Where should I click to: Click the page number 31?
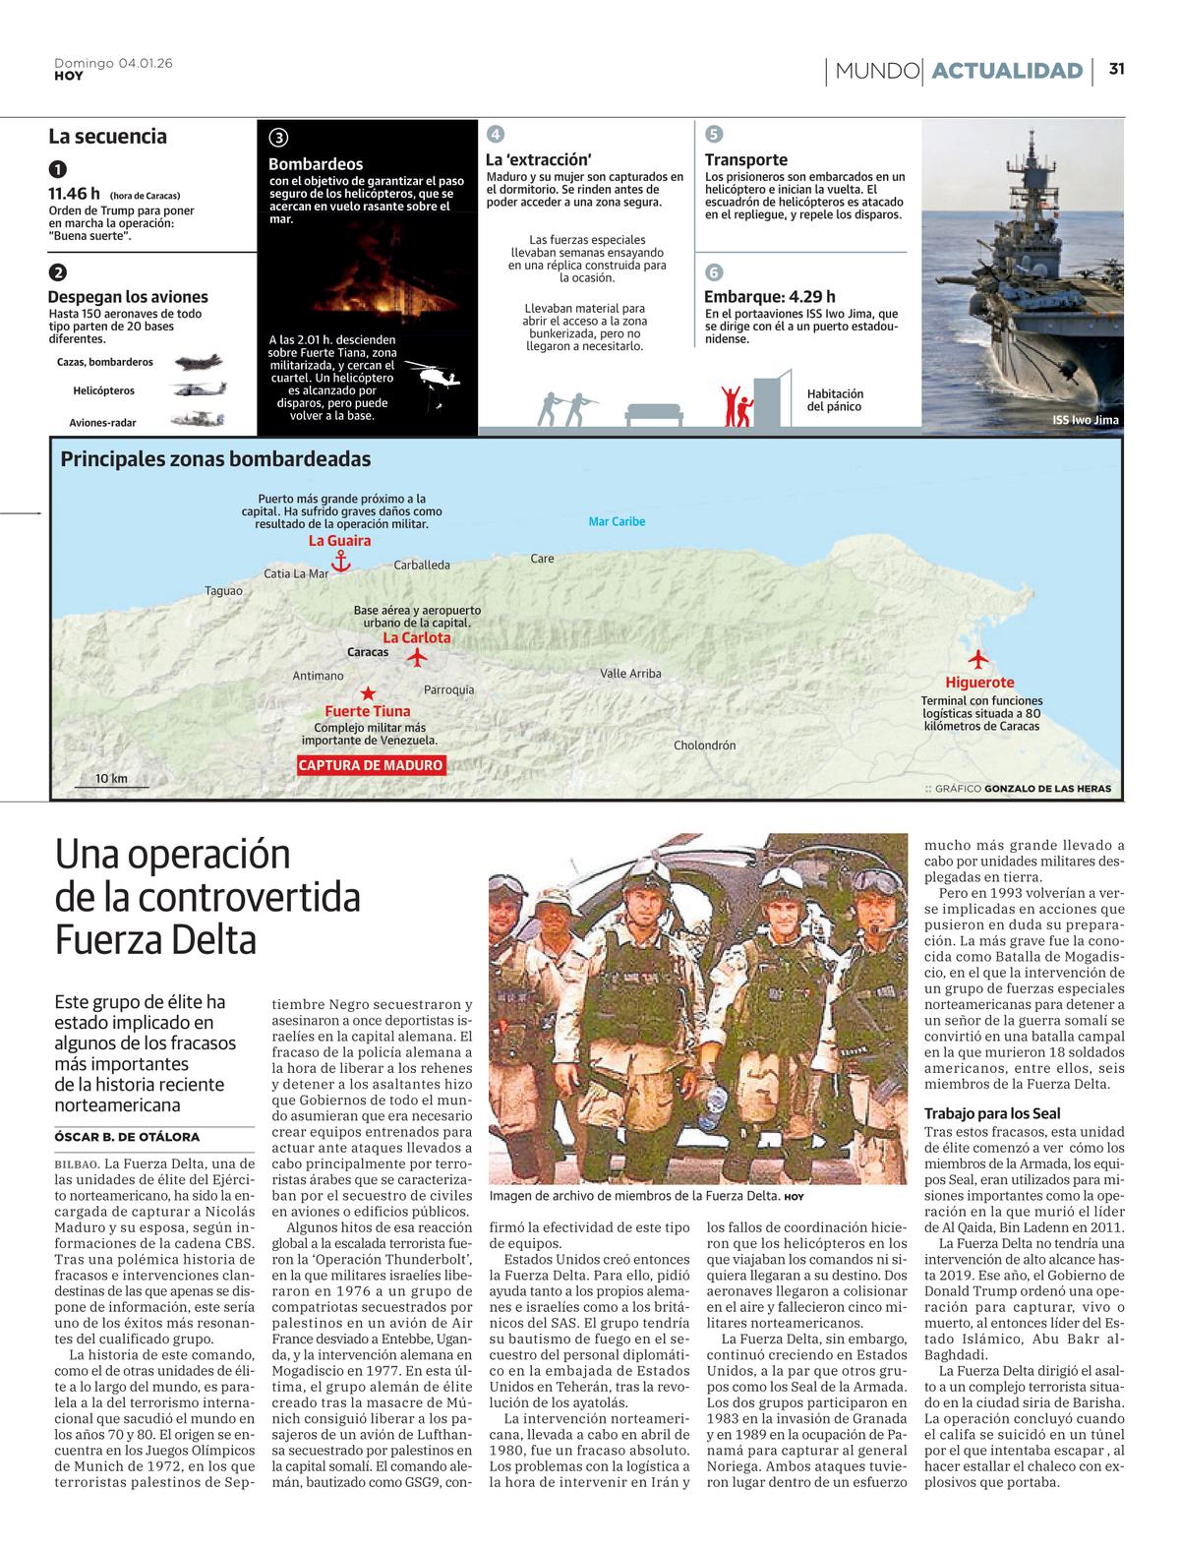click(x=1117, y=69)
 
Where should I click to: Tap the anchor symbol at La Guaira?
click(x=340, y=561)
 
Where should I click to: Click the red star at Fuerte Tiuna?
click(x=368, y=693)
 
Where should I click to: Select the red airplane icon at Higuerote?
click(x=978, y=659)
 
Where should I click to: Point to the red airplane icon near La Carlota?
click(x=418, y=655)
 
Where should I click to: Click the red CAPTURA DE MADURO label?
click(x=371, y=765)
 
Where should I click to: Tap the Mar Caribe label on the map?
click(x=617, y=521)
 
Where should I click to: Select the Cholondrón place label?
click(x=704, y=745)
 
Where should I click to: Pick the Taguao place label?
click(x=223, y=591)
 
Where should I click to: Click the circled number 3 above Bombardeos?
click(x=278, y=139)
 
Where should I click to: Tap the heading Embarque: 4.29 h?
click(x=769, y=297)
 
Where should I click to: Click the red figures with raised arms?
click(x=735, y=405)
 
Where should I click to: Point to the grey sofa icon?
click(x=654, y=413)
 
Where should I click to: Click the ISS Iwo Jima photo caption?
click(x=1085, y=420)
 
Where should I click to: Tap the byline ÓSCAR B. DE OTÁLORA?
click(x=127, y=1137)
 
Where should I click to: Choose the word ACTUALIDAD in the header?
click(x=1006, y=71)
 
